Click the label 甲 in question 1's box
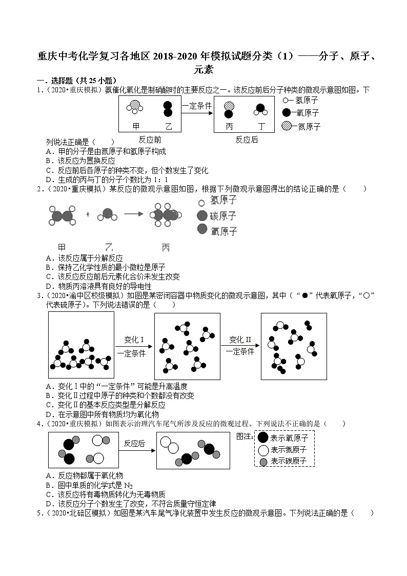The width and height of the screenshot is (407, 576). tap(136, 126)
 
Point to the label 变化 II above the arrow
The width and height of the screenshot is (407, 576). tap(240, 339)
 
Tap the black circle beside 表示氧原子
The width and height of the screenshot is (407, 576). tap(262, 438)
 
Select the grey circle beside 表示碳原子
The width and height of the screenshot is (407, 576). tap(263, 462)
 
